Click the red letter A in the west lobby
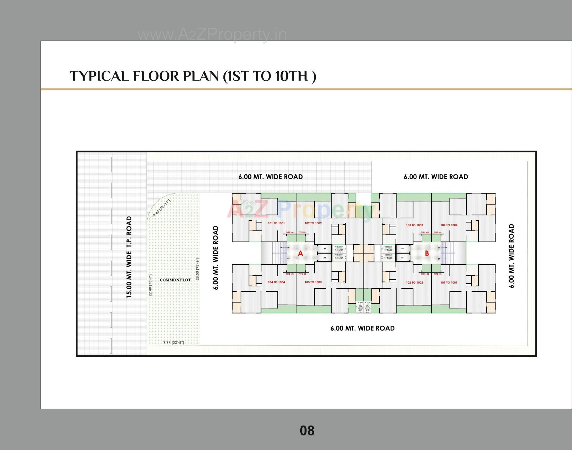300,253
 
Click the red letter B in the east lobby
427,253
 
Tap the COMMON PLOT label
175,280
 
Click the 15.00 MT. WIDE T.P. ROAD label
129,257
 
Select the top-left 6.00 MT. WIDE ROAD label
271,177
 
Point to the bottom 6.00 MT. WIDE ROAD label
362,328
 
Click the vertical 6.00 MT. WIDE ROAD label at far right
512,256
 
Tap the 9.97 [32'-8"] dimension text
173,342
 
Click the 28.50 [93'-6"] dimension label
198,269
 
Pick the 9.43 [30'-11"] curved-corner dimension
161,208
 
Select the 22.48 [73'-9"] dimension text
150,285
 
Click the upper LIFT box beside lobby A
324,248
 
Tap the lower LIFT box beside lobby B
403,258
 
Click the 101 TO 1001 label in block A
276,223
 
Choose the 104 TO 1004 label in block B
449,225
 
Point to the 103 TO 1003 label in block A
313,282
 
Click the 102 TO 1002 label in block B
414,282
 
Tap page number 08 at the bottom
307,431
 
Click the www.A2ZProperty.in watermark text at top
212,35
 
